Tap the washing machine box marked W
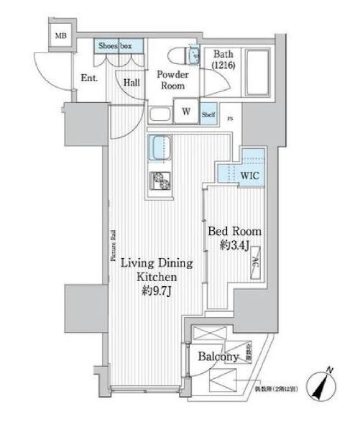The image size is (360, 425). pos(185,111)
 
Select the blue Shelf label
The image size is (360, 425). pos(208,113)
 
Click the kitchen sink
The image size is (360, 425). pos(159,150)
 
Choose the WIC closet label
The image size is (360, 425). pos(251,175)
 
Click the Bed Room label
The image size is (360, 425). pos(234,232)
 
